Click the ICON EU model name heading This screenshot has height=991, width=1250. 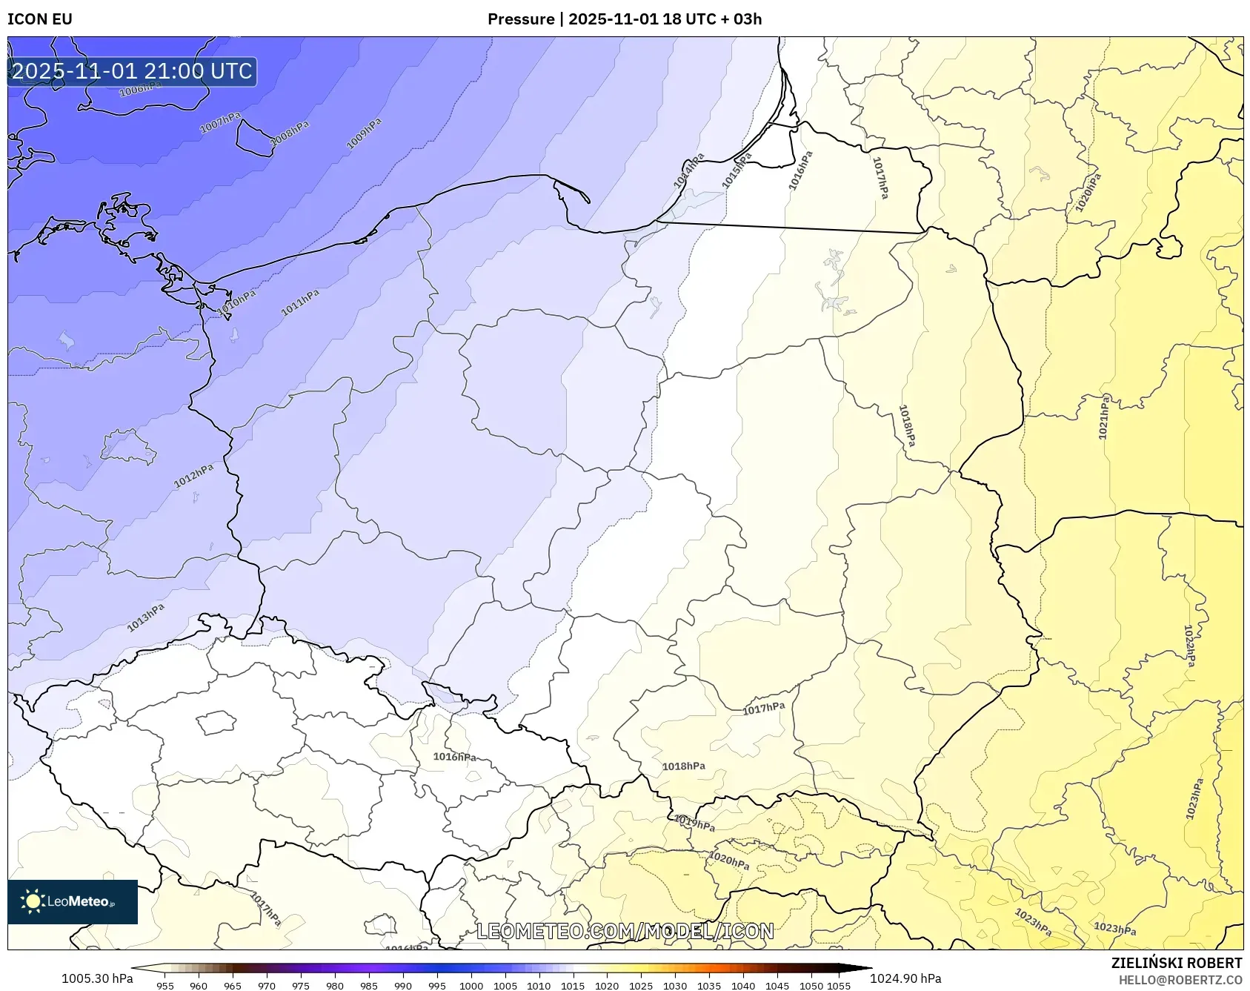pyautogui.click(x=40, y=19)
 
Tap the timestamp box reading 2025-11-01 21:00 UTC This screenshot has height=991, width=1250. pyautogui.click(x=132, y=71)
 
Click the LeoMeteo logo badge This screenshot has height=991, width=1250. pyautogui.click(x=73, y=901)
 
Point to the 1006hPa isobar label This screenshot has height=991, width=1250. pyautogui.click(x=140, y=89)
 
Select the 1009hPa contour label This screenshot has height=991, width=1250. pyautogui.click(x=364, y=133)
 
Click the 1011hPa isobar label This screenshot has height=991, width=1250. pyautogui.click(x=300, y=302)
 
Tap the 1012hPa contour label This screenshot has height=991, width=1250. pyautogui.click(x=193, y=476)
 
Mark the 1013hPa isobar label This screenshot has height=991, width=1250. pyautogui.click(x=145, y=617)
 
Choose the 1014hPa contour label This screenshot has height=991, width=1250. pyautogui.click(x=688, y=170)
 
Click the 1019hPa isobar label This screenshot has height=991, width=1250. pyautogui.click(x=694, y=822)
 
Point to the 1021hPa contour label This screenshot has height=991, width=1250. pyautogui.click(x=1104, y=417)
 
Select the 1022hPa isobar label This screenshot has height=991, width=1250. pyautogui.click(x=1189, y=646)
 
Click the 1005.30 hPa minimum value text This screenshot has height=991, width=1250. pyautogui.click(x=97, y=978)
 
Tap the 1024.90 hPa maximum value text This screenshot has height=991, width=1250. pyautogui.click(x=905, y=978)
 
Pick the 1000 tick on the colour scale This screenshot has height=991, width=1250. pyautogui.click(x=471, y=986)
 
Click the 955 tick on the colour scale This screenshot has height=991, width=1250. pyautogui.click(x=165, y=986)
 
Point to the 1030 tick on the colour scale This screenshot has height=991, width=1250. pyautogui.click(x=674, y=986)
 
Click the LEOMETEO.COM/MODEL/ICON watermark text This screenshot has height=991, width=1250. pyautogui.click(x=625, y=931)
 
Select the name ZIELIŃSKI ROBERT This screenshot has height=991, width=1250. pyautogui.click(x=1177, y=963)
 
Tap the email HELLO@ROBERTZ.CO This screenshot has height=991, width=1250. pyautogui.click(x=1180, y=980)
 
